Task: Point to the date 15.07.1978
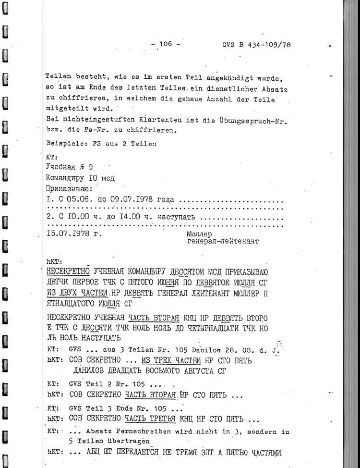[71, 234]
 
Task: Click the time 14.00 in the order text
[133, 217]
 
